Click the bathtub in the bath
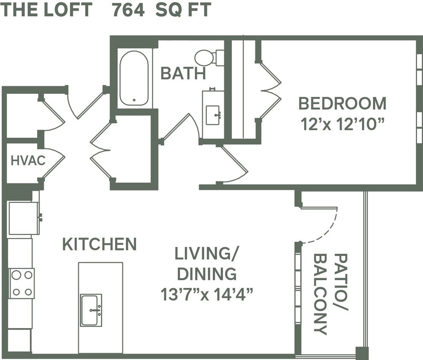pos(134,78)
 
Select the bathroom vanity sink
pos(213,115)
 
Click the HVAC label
pos(28,161)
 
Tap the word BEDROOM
pos(342,104)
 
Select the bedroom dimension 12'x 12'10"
pos(342,125)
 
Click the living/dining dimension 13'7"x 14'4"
pos(207,294)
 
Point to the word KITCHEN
pos(99,244)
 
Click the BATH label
pos(183,73)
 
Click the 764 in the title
pos(128,10)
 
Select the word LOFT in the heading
pos(68,10)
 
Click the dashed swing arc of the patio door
pos(329,231)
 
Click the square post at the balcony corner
pos(362,353)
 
